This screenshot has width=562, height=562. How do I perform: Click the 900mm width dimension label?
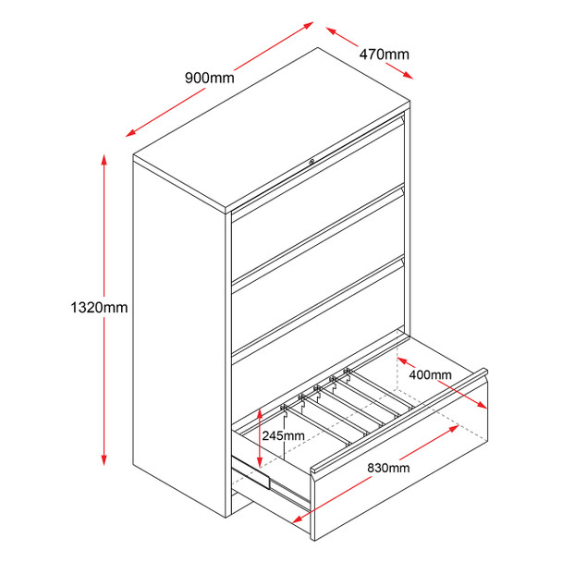[210, 78]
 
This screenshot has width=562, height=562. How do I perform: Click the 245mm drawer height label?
[283, 436]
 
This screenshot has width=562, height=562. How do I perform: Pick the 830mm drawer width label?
[387, 468]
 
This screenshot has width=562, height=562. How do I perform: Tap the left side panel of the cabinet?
[180, 333]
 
